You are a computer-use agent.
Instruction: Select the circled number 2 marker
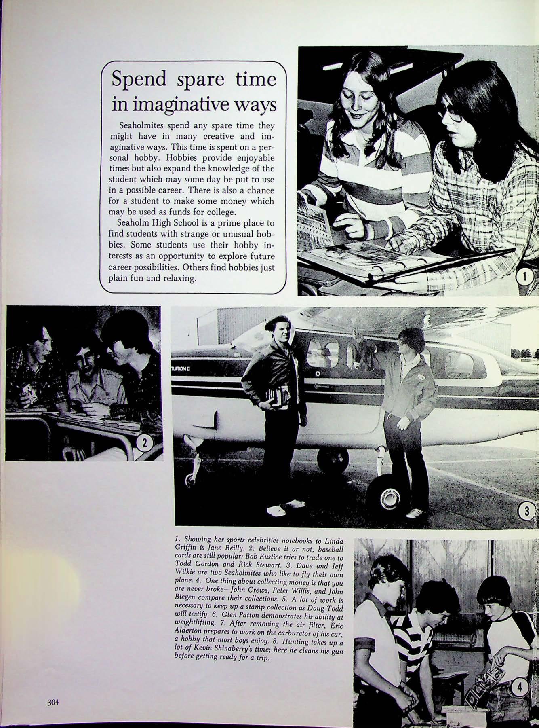click(146, 444)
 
